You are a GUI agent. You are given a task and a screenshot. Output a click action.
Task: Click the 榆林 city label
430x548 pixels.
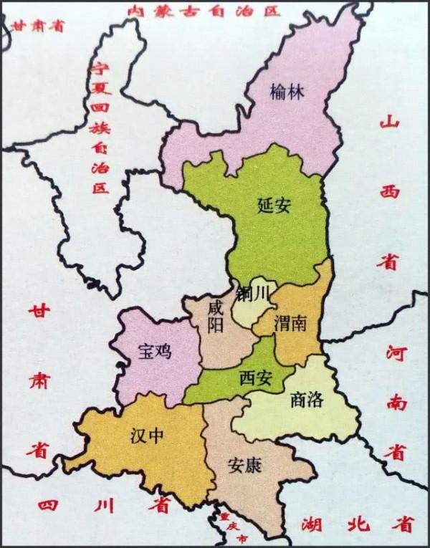pos(287,92)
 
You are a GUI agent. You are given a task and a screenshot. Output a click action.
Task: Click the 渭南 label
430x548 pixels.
pos(290,324)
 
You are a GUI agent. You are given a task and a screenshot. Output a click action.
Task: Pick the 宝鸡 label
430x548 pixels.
pos(155,352)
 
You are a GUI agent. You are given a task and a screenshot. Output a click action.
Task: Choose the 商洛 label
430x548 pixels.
pos(307,400)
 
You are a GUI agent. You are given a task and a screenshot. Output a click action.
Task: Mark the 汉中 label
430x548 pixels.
pos(147,435)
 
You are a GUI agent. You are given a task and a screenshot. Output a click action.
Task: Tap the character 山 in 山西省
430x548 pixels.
pos(390,122)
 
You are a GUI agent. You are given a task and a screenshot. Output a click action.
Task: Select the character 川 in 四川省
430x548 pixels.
pos(103,506)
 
